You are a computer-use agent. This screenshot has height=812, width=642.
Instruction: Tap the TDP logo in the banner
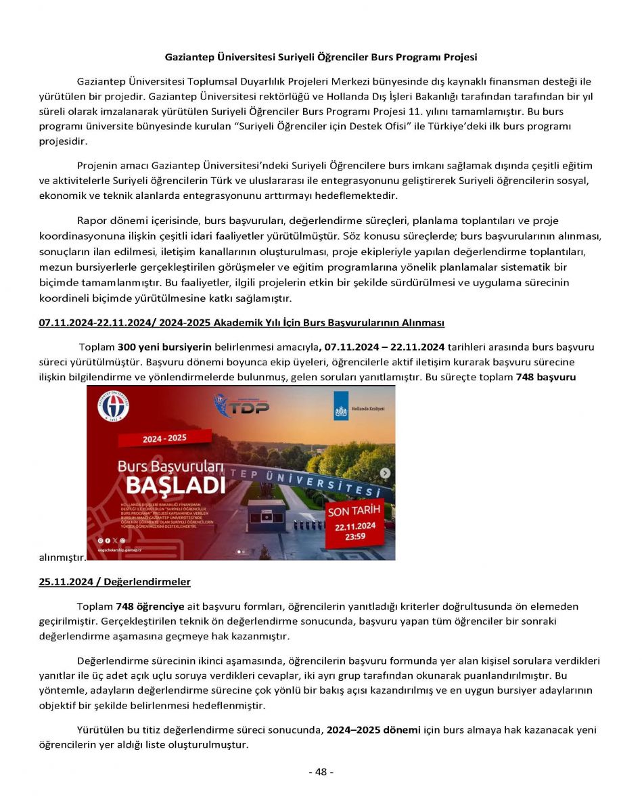242,406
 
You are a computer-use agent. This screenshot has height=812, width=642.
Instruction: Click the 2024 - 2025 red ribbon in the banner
164,438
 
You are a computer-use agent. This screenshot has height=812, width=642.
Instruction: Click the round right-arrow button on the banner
385,473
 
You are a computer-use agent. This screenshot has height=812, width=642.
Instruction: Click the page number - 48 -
321,772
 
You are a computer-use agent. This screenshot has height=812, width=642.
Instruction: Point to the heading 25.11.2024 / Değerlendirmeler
115,582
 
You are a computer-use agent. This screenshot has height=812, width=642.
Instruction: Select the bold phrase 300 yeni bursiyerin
165,347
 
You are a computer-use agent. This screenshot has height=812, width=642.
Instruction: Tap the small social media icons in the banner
112,541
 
